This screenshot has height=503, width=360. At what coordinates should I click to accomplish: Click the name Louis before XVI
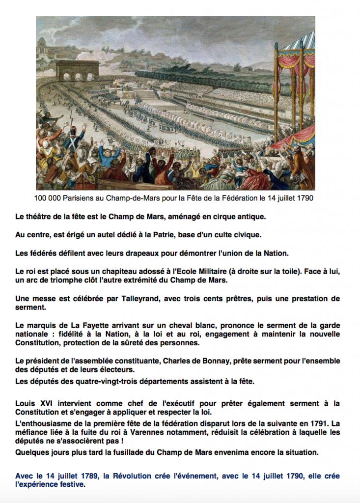tap(25, 404)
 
